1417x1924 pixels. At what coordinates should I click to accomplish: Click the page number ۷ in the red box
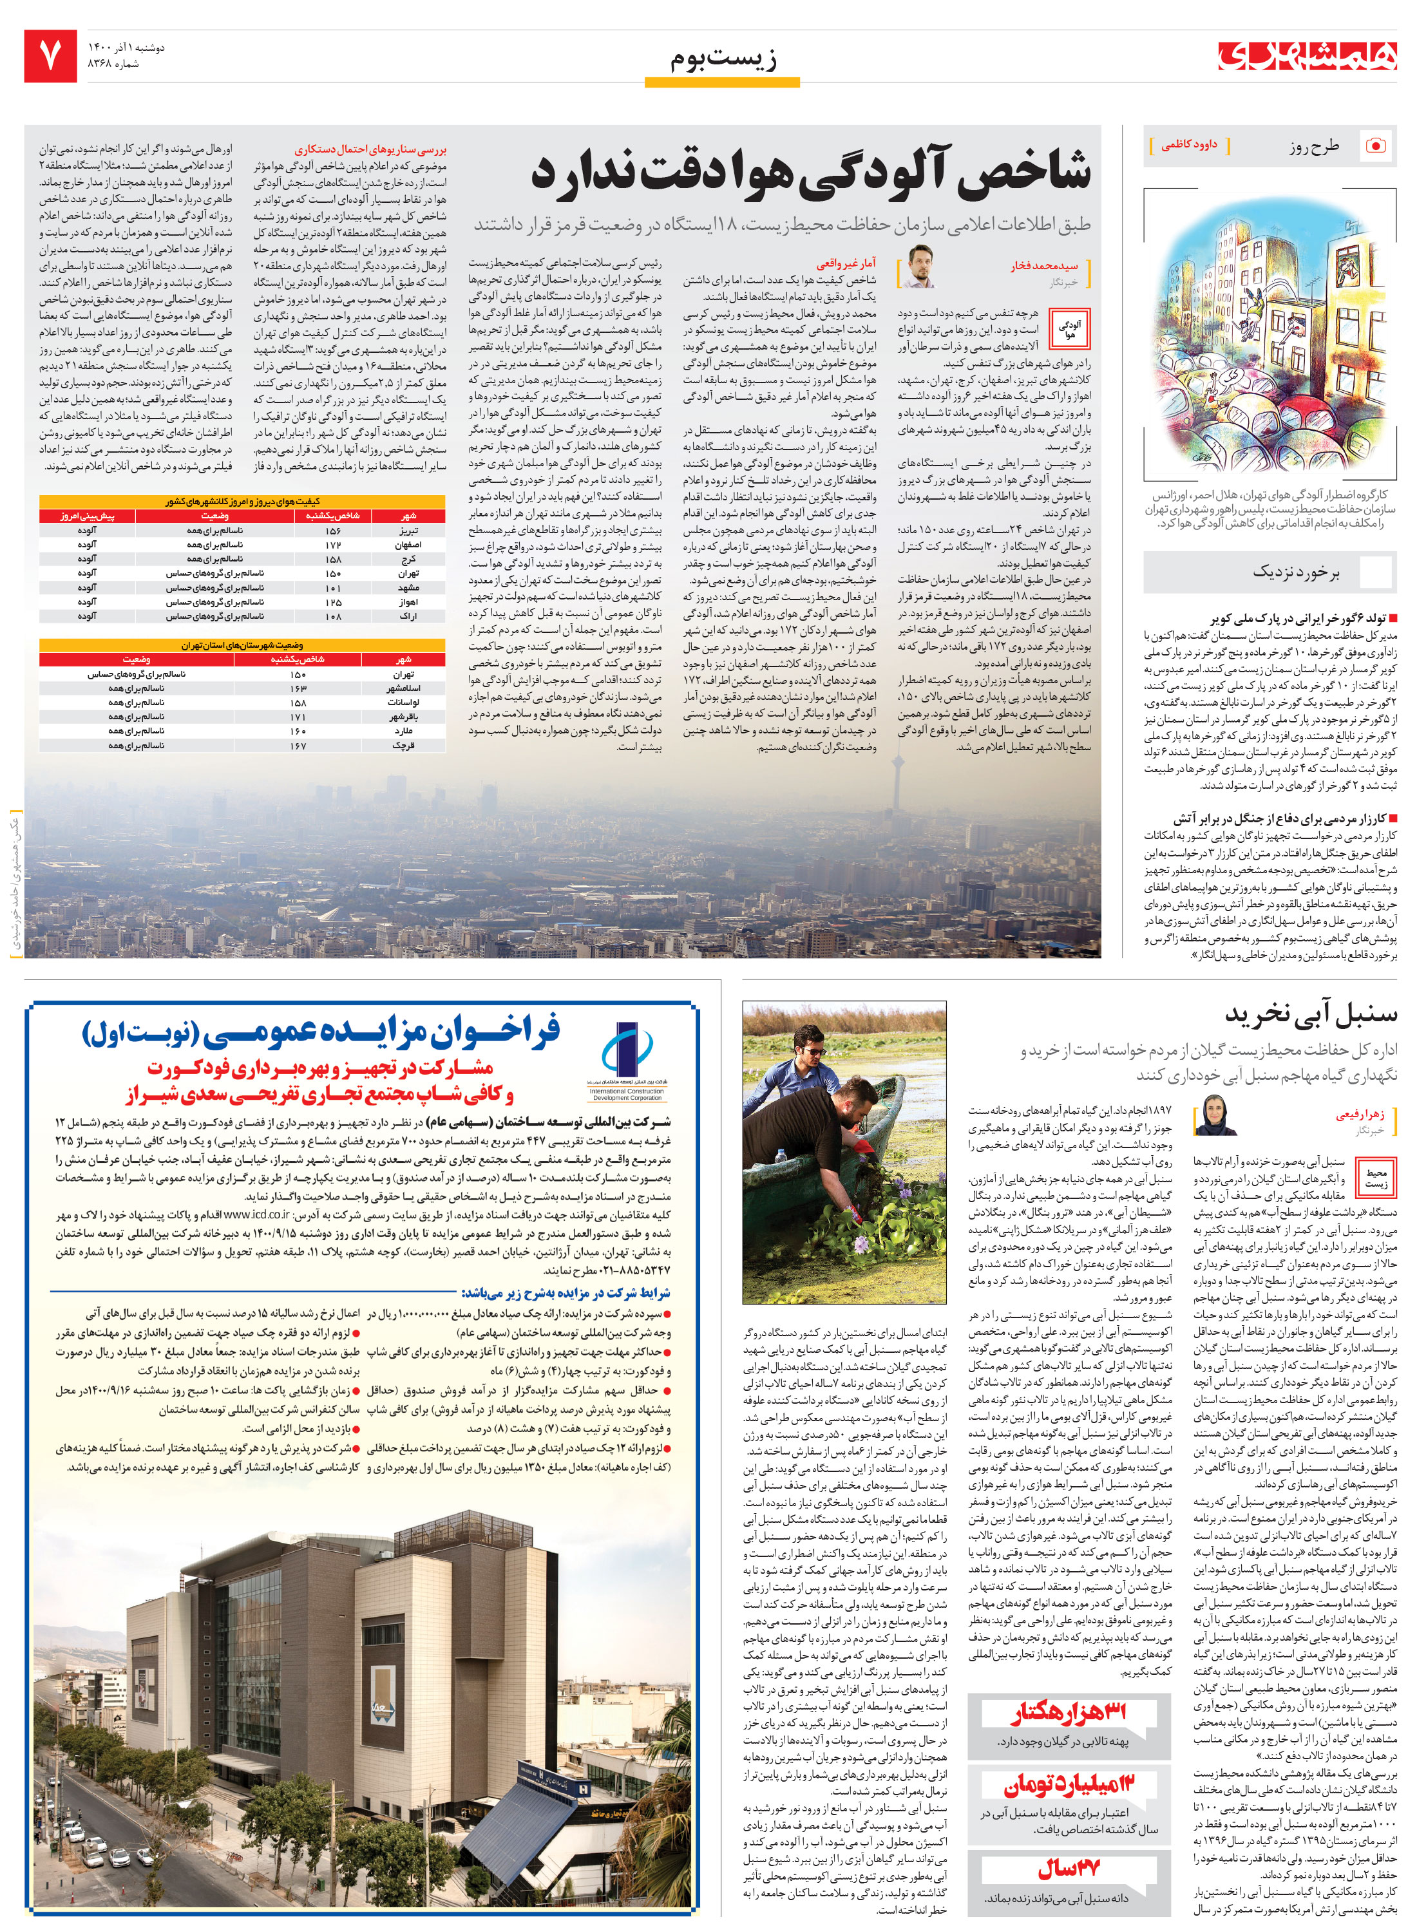click(50, 56)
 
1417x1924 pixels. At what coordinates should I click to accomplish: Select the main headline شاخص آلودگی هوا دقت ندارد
click(810, 169)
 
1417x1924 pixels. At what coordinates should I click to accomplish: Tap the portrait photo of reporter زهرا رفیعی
click(1215, 1115)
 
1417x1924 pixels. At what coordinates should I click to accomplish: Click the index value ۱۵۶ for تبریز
click(333, 531)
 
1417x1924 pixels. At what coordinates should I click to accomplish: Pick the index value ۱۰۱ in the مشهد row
click(333, 588)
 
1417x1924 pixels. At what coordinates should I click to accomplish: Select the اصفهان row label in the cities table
click(408, 545)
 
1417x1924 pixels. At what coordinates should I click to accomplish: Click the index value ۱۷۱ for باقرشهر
click(298, 717)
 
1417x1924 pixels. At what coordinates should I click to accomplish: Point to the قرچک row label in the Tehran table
click(403, 746)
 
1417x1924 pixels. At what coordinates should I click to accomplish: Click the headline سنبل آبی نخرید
click(1311, 1014)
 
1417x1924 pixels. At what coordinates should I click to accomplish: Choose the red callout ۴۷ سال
click(1068, 1869)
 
